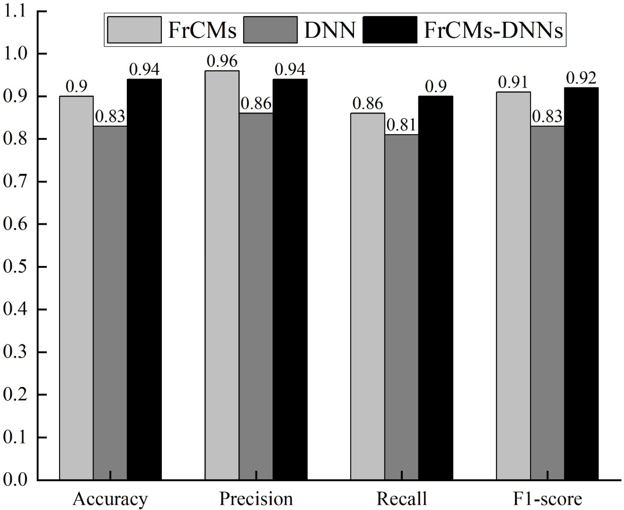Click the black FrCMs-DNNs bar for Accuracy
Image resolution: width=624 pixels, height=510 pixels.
[144, 279]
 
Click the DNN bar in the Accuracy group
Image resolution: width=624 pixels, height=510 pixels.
[110, 303]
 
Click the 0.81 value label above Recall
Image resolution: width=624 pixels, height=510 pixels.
[401, 125]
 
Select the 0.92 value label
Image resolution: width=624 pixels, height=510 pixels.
[581, 78]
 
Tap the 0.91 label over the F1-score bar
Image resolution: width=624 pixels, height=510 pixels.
[513, 83]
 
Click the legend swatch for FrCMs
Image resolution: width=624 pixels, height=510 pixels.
[134, 30]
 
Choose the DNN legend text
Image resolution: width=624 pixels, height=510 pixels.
[330, 30]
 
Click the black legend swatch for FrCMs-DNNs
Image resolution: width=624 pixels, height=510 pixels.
[390, 30]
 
